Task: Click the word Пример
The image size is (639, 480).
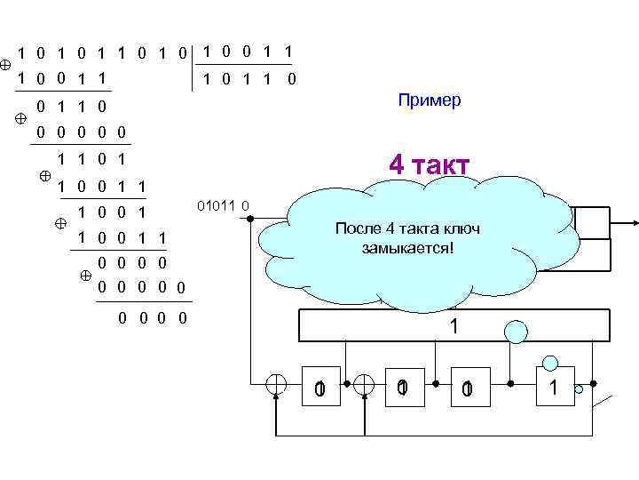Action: click(x=430, y=100)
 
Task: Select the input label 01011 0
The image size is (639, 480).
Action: click(x=222, y=207)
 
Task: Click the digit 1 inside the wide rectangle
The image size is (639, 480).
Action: click(x=454, y=326)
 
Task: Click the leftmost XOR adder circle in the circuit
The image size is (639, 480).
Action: click(x=277, y=383)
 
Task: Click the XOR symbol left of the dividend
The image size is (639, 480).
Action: click(x=6, y=65)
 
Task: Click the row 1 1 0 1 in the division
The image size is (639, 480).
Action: click(x=90, y=160)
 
